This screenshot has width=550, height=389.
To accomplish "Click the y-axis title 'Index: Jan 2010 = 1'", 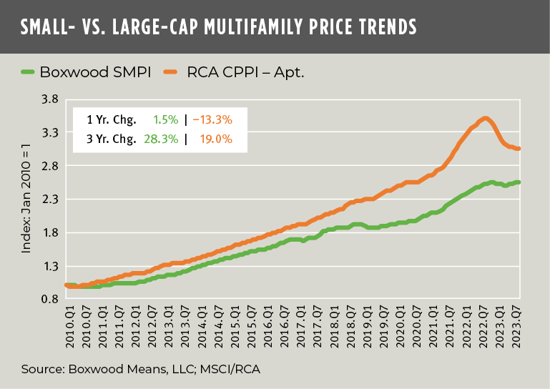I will coord(26,200).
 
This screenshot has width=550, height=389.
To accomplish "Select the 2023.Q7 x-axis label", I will coord(517,323).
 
